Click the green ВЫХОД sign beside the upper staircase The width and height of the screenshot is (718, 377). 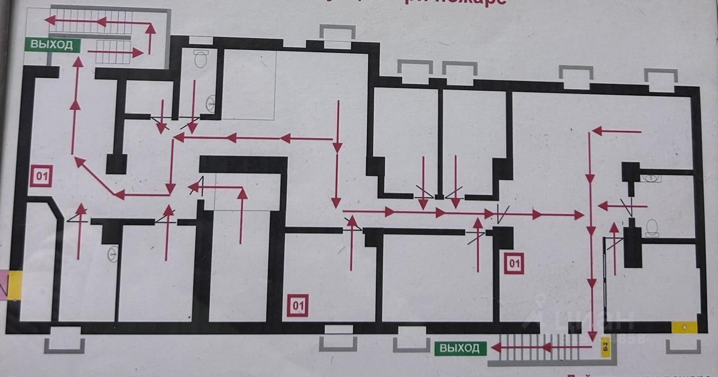(x=52, y=45)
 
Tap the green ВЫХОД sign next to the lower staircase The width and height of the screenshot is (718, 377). (x=459, y=348)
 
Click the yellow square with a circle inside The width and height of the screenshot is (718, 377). (x=684, y=327)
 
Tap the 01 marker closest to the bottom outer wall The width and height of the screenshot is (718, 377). (x=297, y=305)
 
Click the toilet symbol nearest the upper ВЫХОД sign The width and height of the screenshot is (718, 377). (x=201, y=58)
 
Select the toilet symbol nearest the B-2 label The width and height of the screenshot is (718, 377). (x=652, y=227)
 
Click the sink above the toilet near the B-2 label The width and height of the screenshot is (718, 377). (x=651, y=178)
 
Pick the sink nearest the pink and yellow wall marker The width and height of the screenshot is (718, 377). (x=113, y=254)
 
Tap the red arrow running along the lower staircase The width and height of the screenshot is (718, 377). (x=541, y=348)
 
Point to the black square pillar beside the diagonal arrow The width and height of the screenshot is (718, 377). (x=117, y=164)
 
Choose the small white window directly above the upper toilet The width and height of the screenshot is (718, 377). (x=201, y=40)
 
